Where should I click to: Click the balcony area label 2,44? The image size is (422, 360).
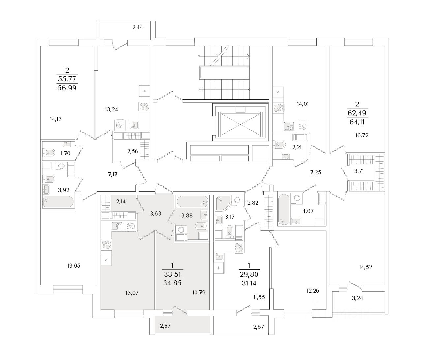[137, 27]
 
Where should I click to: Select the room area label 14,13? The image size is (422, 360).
[56, 119]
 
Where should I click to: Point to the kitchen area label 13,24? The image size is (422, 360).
[111, 109]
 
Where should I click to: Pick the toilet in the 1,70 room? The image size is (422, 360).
[50, 153]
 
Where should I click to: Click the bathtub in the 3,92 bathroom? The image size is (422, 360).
[58, 202]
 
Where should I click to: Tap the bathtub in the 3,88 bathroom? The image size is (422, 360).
[192, 201]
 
